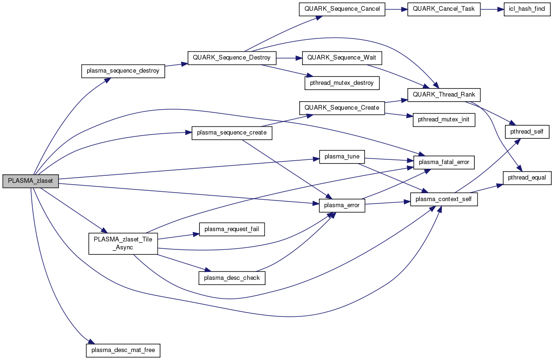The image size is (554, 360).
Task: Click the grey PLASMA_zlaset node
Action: [x=30, y=181]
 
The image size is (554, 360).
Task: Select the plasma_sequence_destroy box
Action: [x=123, y=71]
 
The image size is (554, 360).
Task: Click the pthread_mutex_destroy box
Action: [x=342, y=83]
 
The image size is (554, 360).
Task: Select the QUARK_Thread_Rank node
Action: [x=444, y=94]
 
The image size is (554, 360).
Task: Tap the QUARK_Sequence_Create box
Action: [x=342, y=108]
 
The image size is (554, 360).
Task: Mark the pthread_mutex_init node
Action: [x=444, y=120]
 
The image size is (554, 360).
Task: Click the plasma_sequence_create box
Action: [x=232, y=133]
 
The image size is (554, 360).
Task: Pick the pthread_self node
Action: [x=527, y=132]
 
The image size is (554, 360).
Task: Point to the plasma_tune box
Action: [x=342, y=157]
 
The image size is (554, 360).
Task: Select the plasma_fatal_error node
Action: [x=444, y=162]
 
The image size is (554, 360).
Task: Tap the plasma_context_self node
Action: [x=444, y=200]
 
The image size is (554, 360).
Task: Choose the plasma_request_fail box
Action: [x=232, y=229]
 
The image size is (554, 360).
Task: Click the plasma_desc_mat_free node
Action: [x=123, y=350]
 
